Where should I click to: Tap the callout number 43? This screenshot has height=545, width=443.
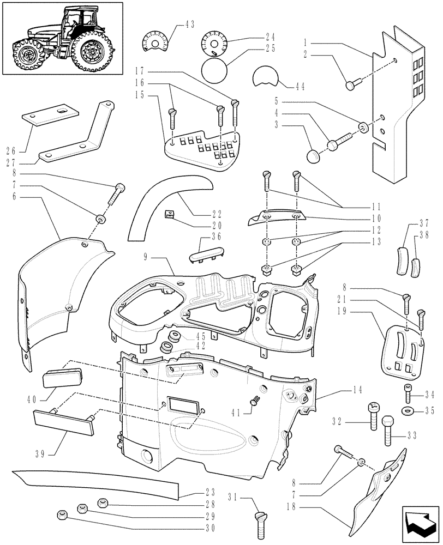(190, 25)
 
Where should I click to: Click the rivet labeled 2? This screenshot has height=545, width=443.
(352, 84)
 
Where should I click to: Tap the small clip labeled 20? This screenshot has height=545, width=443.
(170, 213)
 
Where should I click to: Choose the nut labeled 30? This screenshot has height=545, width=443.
(62, 514)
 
